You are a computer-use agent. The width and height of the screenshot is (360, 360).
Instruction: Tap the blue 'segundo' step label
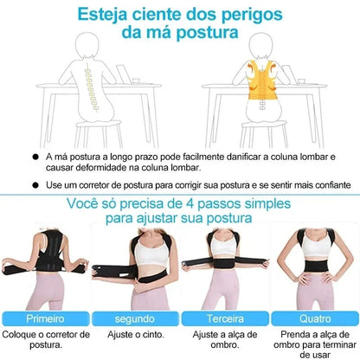point(132,318)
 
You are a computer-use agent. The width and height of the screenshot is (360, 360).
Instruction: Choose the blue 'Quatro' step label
point(312,318)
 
